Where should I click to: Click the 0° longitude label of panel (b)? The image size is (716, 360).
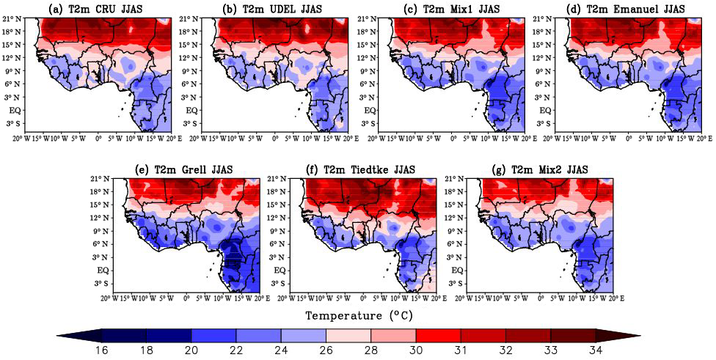[x=276, y=138]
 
